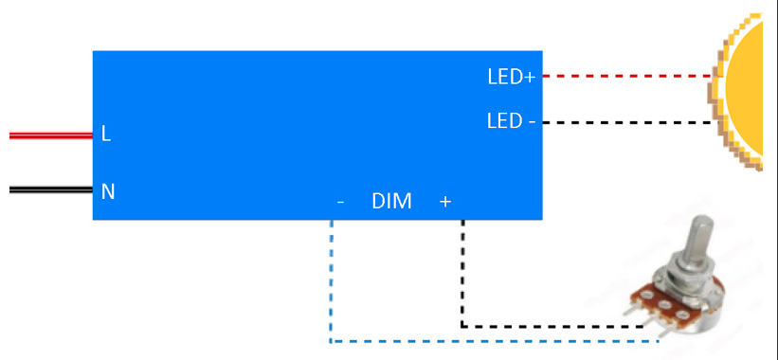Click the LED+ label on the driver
(511, 77)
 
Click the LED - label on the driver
(511, 121)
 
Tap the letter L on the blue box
(106, 135)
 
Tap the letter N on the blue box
(108, 191)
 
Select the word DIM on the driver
(391, 201)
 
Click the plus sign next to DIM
(445, 201)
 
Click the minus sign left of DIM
(340, 202)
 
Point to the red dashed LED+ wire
(625, 76)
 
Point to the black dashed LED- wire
(625, 122)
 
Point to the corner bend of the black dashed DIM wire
(462, 326)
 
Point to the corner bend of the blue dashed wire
(331, 340)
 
